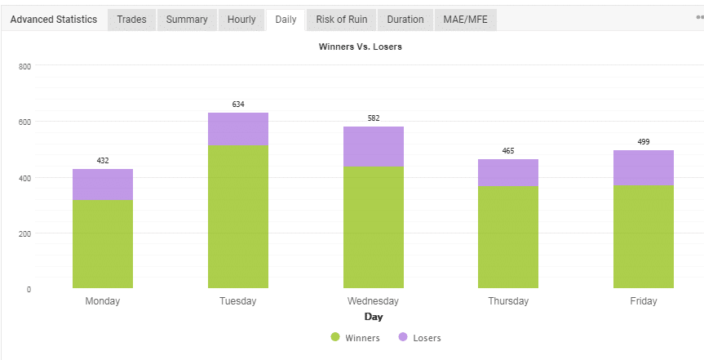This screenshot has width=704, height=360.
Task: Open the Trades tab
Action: [x=131, y=20]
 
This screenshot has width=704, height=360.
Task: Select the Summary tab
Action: [x=186, y=20]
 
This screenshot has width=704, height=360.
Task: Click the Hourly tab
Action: [x=241, y=20]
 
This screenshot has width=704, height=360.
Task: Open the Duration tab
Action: [x=405, y=20]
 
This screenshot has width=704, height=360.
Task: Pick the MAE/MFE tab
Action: [x=466, y=20]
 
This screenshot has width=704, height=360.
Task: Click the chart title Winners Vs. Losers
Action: [x=360, y=47]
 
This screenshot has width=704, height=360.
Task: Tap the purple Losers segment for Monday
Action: [x=103, y=184]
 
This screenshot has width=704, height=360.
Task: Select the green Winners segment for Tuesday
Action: [x=238, y=216]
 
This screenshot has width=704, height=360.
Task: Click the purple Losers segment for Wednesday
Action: [x=374, y=146]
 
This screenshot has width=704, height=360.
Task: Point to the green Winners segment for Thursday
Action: [x=508, y=237]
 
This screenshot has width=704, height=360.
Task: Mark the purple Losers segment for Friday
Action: [x=644, y=167]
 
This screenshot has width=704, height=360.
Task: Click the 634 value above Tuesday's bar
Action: [x=238, y=104]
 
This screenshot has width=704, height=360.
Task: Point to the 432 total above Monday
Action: [x=103, y=161]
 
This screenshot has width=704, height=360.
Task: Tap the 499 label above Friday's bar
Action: [x=644, y=142]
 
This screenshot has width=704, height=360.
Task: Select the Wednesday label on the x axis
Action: [x=373, y=301]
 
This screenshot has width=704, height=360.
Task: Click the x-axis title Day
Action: [x=374, y=317]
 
